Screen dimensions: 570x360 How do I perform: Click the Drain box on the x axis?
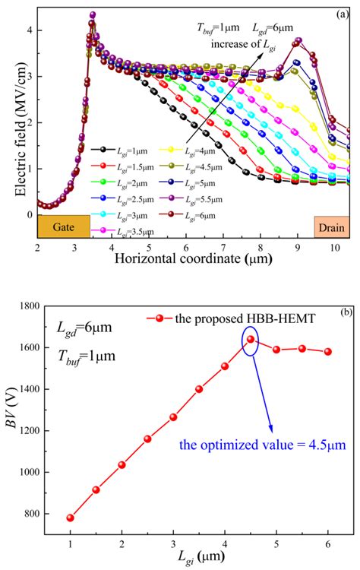click(x=331, y=226)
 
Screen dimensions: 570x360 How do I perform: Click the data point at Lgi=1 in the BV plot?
click(x=70, y=518)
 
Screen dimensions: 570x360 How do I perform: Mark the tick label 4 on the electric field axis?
click(x=27, y=30)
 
